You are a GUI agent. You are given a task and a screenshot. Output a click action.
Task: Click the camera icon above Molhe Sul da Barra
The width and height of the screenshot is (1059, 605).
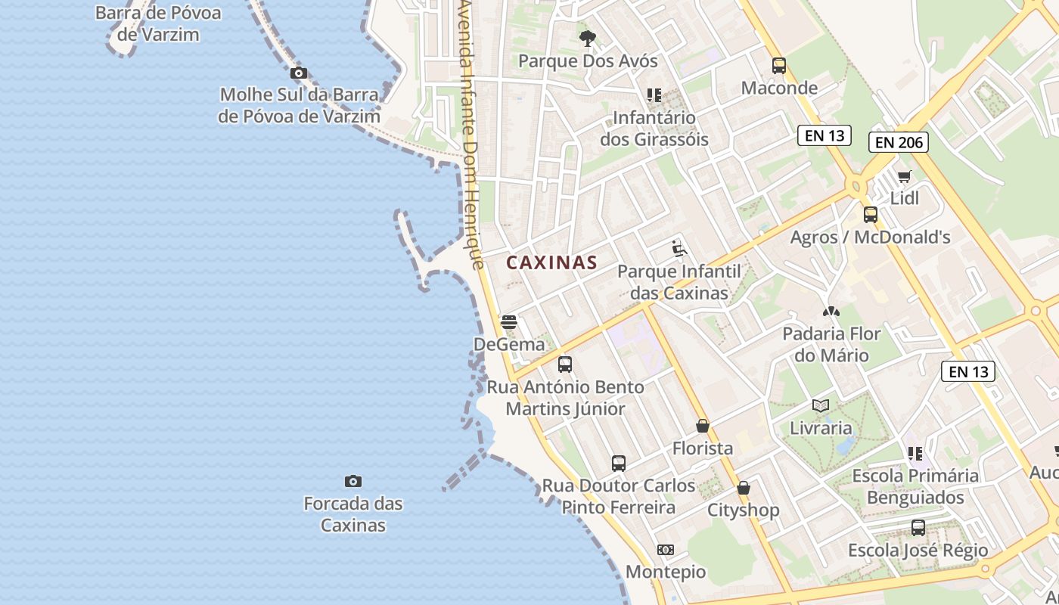point(299,73)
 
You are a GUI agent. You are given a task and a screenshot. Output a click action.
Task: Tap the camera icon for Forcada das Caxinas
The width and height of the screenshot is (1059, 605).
point(352,481)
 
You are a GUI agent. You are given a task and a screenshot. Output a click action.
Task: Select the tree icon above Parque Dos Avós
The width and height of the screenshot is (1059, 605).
point(587,39)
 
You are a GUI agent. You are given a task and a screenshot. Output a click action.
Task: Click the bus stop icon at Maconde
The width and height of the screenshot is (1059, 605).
point(779,66)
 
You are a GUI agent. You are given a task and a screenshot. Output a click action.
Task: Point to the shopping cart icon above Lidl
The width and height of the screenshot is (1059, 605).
point(905,177)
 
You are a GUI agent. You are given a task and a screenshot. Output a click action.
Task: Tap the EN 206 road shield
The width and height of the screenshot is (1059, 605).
point(898,142)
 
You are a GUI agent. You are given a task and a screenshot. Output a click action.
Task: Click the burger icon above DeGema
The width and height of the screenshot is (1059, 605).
point(509,322)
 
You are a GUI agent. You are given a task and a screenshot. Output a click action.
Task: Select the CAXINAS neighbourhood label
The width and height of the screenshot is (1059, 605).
point(552,263)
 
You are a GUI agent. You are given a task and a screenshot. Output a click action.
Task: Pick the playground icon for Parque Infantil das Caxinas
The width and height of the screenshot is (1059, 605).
point(679,249)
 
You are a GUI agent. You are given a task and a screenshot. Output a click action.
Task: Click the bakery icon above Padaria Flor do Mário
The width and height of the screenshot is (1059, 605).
point(831,311)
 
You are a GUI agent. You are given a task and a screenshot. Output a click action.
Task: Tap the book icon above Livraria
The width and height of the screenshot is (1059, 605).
point(821,405)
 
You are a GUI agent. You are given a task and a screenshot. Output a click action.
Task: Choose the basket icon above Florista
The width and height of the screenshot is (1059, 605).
point(703,426)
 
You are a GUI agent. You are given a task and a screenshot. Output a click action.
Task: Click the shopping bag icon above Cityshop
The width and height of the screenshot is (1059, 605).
point(744,488)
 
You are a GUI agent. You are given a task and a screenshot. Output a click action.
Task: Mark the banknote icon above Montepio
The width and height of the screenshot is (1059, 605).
point(666,550)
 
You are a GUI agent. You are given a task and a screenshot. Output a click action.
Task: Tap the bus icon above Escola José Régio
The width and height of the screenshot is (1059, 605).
point(918,528)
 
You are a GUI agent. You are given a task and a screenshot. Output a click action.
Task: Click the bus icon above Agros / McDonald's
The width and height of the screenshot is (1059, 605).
point(871,215)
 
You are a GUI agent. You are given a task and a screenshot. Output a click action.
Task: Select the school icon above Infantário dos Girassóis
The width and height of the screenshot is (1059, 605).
point(654,95)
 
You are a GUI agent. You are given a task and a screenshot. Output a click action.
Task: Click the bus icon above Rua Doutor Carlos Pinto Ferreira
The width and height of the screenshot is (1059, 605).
point(619,463)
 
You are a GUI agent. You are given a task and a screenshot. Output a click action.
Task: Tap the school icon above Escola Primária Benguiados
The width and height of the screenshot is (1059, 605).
point(915,454)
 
